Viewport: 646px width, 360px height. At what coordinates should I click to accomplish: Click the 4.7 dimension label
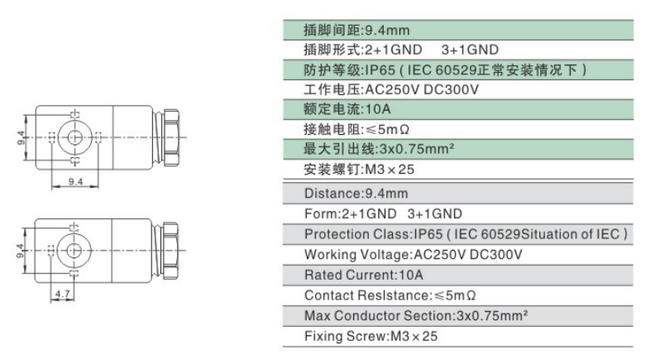point(63,294)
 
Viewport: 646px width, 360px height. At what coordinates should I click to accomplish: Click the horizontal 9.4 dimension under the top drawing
point(75,181)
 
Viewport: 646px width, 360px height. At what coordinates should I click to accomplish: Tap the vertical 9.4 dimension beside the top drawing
point(21,137)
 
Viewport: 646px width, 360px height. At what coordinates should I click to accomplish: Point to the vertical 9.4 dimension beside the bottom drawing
point(20,251)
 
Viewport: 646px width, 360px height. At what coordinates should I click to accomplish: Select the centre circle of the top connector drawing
point(74,137)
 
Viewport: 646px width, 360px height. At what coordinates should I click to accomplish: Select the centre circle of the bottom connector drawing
point(74,250)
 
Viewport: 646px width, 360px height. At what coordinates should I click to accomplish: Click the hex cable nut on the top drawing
point(171,137)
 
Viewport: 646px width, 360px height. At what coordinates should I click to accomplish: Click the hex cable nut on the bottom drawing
point(170,250)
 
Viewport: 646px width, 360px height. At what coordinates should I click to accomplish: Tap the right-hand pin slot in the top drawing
point(98,137)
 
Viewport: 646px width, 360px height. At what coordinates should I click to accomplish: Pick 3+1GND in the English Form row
point(434,214)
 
